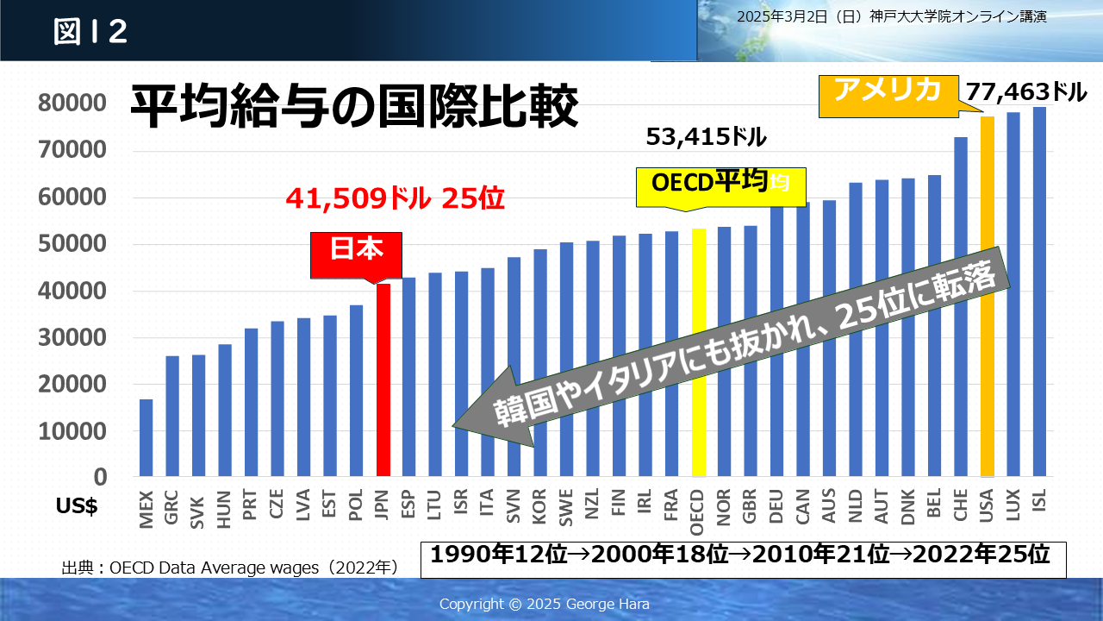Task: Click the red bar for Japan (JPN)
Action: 383,380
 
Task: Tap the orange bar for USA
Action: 988,297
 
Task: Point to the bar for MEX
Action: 146,437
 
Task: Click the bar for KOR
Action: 540,362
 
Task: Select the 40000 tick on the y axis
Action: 73,291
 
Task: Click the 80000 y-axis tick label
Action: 73,103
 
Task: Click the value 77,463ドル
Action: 1026,91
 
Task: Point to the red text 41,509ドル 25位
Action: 395,199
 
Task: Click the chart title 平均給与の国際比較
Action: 353,107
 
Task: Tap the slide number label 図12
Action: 90,32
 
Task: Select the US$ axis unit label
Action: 77,507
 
